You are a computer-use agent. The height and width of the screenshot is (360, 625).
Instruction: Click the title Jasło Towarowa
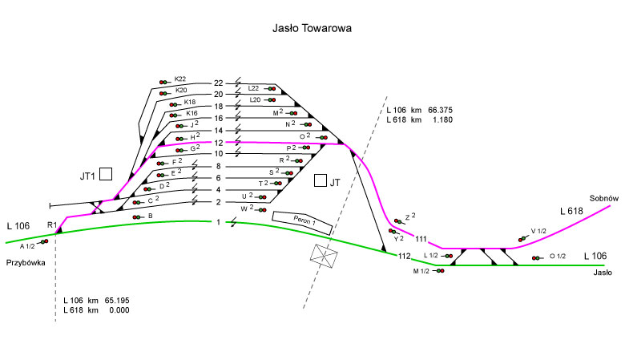tap(312, 27)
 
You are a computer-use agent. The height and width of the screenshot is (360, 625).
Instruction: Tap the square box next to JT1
tap(105, 175)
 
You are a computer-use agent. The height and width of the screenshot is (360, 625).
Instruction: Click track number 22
tap(219, 83)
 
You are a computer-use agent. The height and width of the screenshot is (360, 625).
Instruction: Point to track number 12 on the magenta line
tap(219, 142)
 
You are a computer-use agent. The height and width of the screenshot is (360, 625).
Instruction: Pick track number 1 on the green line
tap(219, 221)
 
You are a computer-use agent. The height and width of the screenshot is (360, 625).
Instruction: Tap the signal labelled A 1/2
tap(45, 241)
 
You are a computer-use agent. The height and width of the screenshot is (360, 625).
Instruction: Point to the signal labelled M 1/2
tap(439, 271)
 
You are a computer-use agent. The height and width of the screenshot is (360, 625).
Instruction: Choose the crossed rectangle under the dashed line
tap(325, 256)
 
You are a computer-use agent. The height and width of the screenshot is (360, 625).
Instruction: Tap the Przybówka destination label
tap(25, 262)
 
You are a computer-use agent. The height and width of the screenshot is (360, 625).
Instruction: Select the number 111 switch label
tap(421, 239)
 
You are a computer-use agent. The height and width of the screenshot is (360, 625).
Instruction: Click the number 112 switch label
tap(404, 257)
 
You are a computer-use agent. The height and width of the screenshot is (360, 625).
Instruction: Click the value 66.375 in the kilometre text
tap(436, 110)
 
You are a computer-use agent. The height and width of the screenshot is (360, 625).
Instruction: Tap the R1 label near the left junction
tap(52, 224)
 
